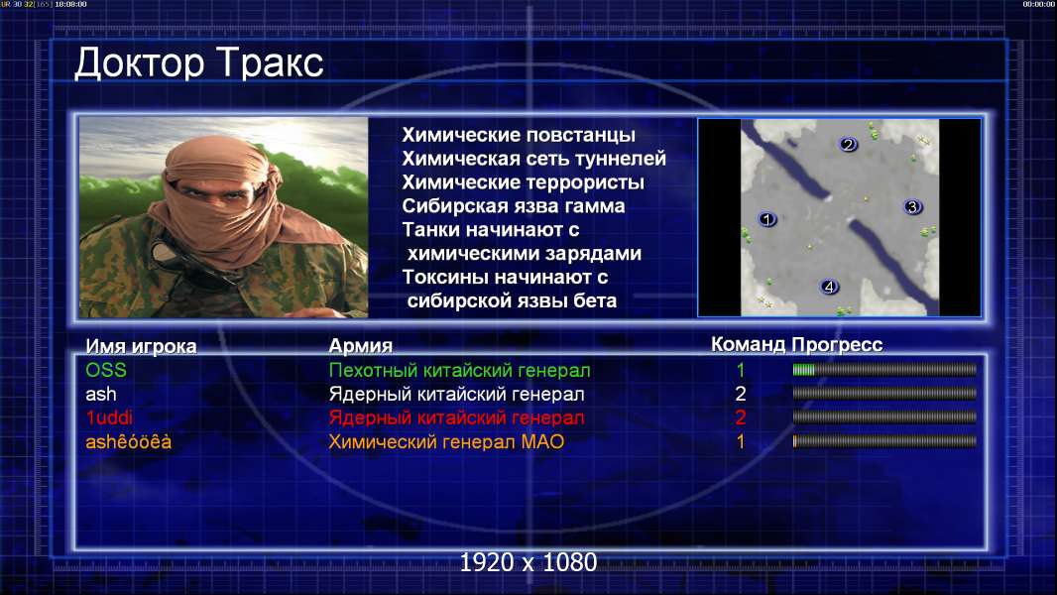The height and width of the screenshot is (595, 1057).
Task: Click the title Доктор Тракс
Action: tap(199, 63)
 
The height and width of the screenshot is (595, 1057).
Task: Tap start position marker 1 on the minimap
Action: tap(767, 219)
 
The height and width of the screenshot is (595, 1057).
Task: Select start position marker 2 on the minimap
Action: tap(848, 144)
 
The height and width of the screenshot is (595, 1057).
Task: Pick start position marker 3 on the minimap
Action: tap(913, 207)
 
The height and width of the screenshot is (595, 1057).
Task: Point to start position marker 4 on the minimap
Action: tap(829, 287)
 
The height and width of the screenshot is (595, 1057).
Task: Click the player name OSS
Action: tap(106, 370)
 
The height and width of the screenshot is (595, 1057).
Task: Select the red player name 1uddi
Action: tap(108, 417)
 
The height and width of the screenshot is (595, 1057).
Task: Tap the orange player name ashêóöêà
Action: tap(128, 442)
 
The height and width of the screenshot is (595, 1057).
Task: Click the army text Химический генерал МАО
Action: tap(446, 442)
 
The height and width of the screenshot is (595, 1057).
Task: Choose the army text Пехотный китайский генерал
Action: tap(460, 371)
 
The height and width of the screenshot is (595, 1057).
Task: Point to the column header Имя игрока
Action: tap(141, 346)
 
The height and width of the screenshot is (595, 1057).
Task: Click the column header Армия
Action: tap(361, 346)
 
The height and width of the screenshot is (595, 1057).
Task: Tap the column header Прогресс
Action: tap(837, 345)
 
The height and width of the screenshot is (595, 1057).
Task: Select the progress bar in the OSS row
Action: tap(884, 369)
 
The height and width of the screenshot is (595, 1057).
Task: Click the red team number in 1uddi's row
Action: tap(741, 417)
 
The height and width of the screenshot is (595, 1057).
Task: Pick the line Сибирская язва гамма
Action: tap(514, 206)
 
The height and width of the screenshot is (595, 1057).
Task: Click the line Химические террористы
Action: tap(524, 182)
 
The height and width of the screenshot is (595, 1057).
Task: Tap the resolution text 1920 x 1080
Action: tap(528, 562)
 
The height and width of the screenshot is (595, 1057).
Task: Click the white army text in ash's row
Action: tap(456, 395)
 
